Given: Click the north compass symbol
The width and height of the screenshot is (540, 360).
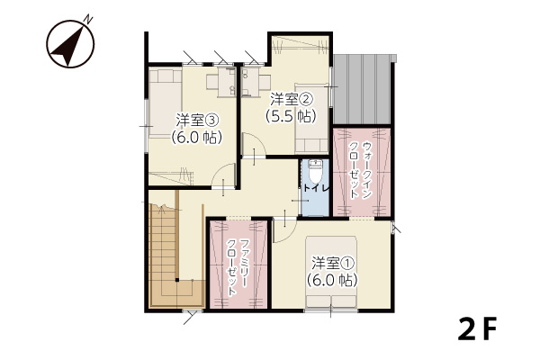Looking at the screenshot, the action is pyautogui.click(x=70, y=43).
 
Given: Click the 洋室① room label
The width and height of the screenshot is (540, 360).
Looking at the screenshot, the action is pyautogui.click(x=333, y=264).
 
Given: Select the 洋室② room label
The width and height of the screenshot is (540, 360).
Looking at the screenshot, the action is pyautogui.click(x=291, y=100).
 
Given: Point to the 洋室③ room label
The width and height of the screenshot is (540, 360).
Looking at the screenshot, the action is pyautogui.click(x=197, y=121).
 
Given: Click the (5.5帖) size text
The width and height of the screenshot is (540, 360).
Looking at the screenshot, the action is pyautogui.click(x=291, y=116).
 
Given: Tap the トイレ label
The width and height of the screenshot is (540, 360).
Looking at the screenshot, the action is pyautogui.click(x=317, y=188).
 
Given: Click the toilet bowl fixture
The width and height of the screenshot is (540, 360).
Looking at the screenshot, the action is pyautogui.click(x=314, y=171).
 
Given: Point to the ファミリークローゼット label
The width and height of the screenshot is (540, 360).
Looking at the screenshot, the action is pyautogui.click(x=238, y=267).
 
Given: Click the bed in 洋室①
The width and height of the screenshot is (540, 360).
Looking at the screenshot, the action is pyautogui.click(x=331, y=272).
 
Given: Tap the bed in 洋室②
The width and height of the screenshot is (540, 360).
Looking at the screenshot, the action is pyautogui.click(x=311, y=118).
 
